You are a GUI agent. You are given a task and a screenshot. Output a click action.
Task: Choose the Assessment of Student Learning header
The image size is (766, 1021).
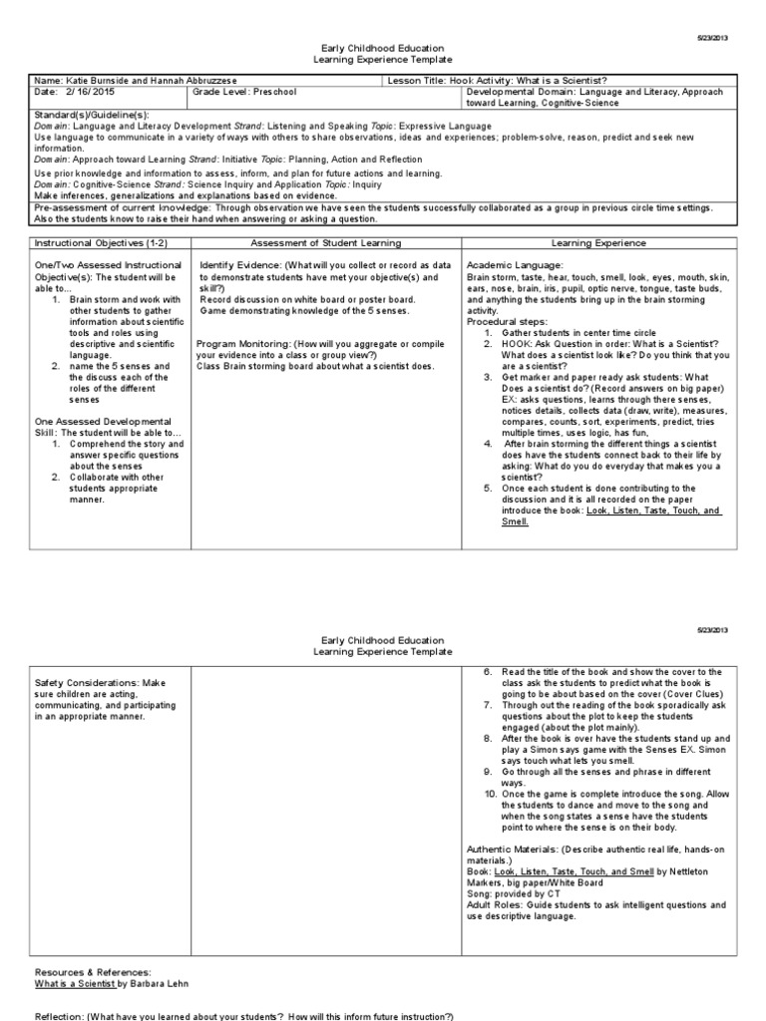[325, 242]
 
